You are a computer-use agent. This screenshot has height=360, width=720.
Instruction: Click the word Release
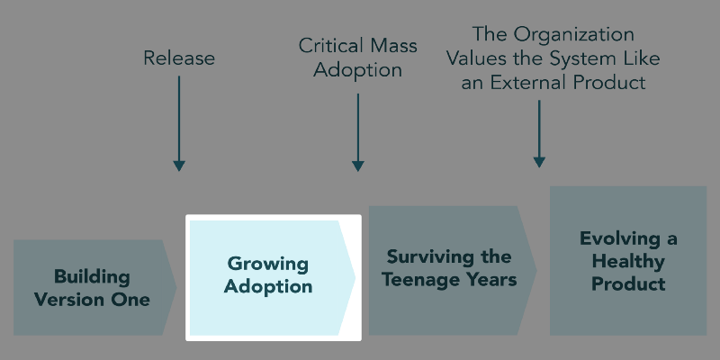tap(179, 58)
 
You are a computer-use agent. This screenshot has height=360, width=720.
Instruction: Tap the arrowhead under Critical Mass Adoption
tap(358, 165)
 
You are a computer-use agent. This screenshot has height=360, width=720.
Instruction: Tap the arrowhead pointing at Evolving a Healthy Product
tap(539, 161)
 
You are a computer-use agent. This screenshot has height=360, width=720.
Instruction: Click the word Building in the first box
tap(92, 276)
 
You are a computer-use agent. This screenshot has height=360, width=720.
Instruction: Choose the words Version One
tap(92, 299)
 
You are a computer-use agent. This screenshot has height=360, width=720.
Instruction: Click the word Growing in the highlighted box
tap(267, 265)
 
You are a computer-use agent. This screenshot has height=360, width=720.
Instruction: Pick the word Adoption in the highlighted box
tap(267, 287)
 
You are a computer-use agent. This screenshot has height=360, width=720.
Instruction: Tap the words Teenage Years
tap(449, 280)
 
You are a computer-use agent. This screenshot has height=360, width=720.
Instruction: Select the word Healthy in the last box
tap(628, 262)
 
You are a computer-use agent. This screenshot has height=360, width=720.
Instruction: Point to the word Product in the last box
tap(628, 284)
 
